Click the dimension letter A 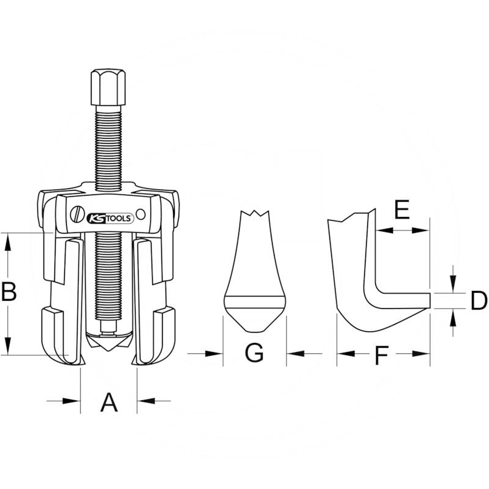tap(108, 402)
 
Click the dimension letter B tap(9, 293)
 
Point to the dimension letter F tap(382, 355)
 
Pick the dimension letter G tap(254, 353)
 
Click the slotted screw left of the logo tap(76, 216)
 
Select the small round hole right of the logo tap(141, 214)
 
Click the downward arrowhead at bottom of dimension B tap(8, 347)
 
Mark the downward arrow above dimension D tap(452, 284)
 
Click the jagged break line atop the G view tap(255, 213)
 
